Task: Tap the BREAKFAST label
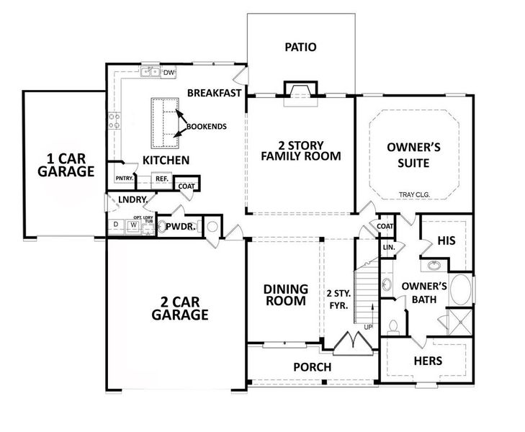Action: click(213, 93)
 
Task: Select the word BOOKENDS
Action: click(207, 127)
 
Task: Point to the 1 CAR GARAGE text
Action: click(71, 165)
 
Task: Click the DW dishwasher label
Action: click(169, 73)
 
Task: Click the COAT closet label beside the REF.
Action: click(187, 186)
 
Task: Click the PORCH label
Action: click(312, 367)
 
